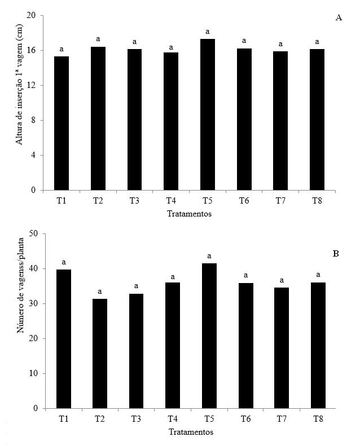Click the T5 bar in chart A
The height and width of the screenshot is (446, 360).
click(x=207, y=114)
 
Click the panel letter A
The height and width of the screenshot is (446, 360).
click(x=339, y=18)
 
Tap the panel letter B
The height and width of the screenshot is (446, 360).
click(x=336, y=254)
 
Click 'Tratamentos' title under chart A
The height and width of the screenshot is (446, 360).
click(x=190, y=214)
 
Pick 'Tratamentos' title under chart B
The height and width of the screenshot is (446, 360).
click(x=190, y=432)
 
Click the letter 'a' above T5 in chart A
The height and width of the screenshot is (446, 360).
click(x=207, y=32)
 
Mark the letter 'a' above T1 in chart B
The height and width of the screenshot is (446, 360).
click(x=64, y=262)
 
